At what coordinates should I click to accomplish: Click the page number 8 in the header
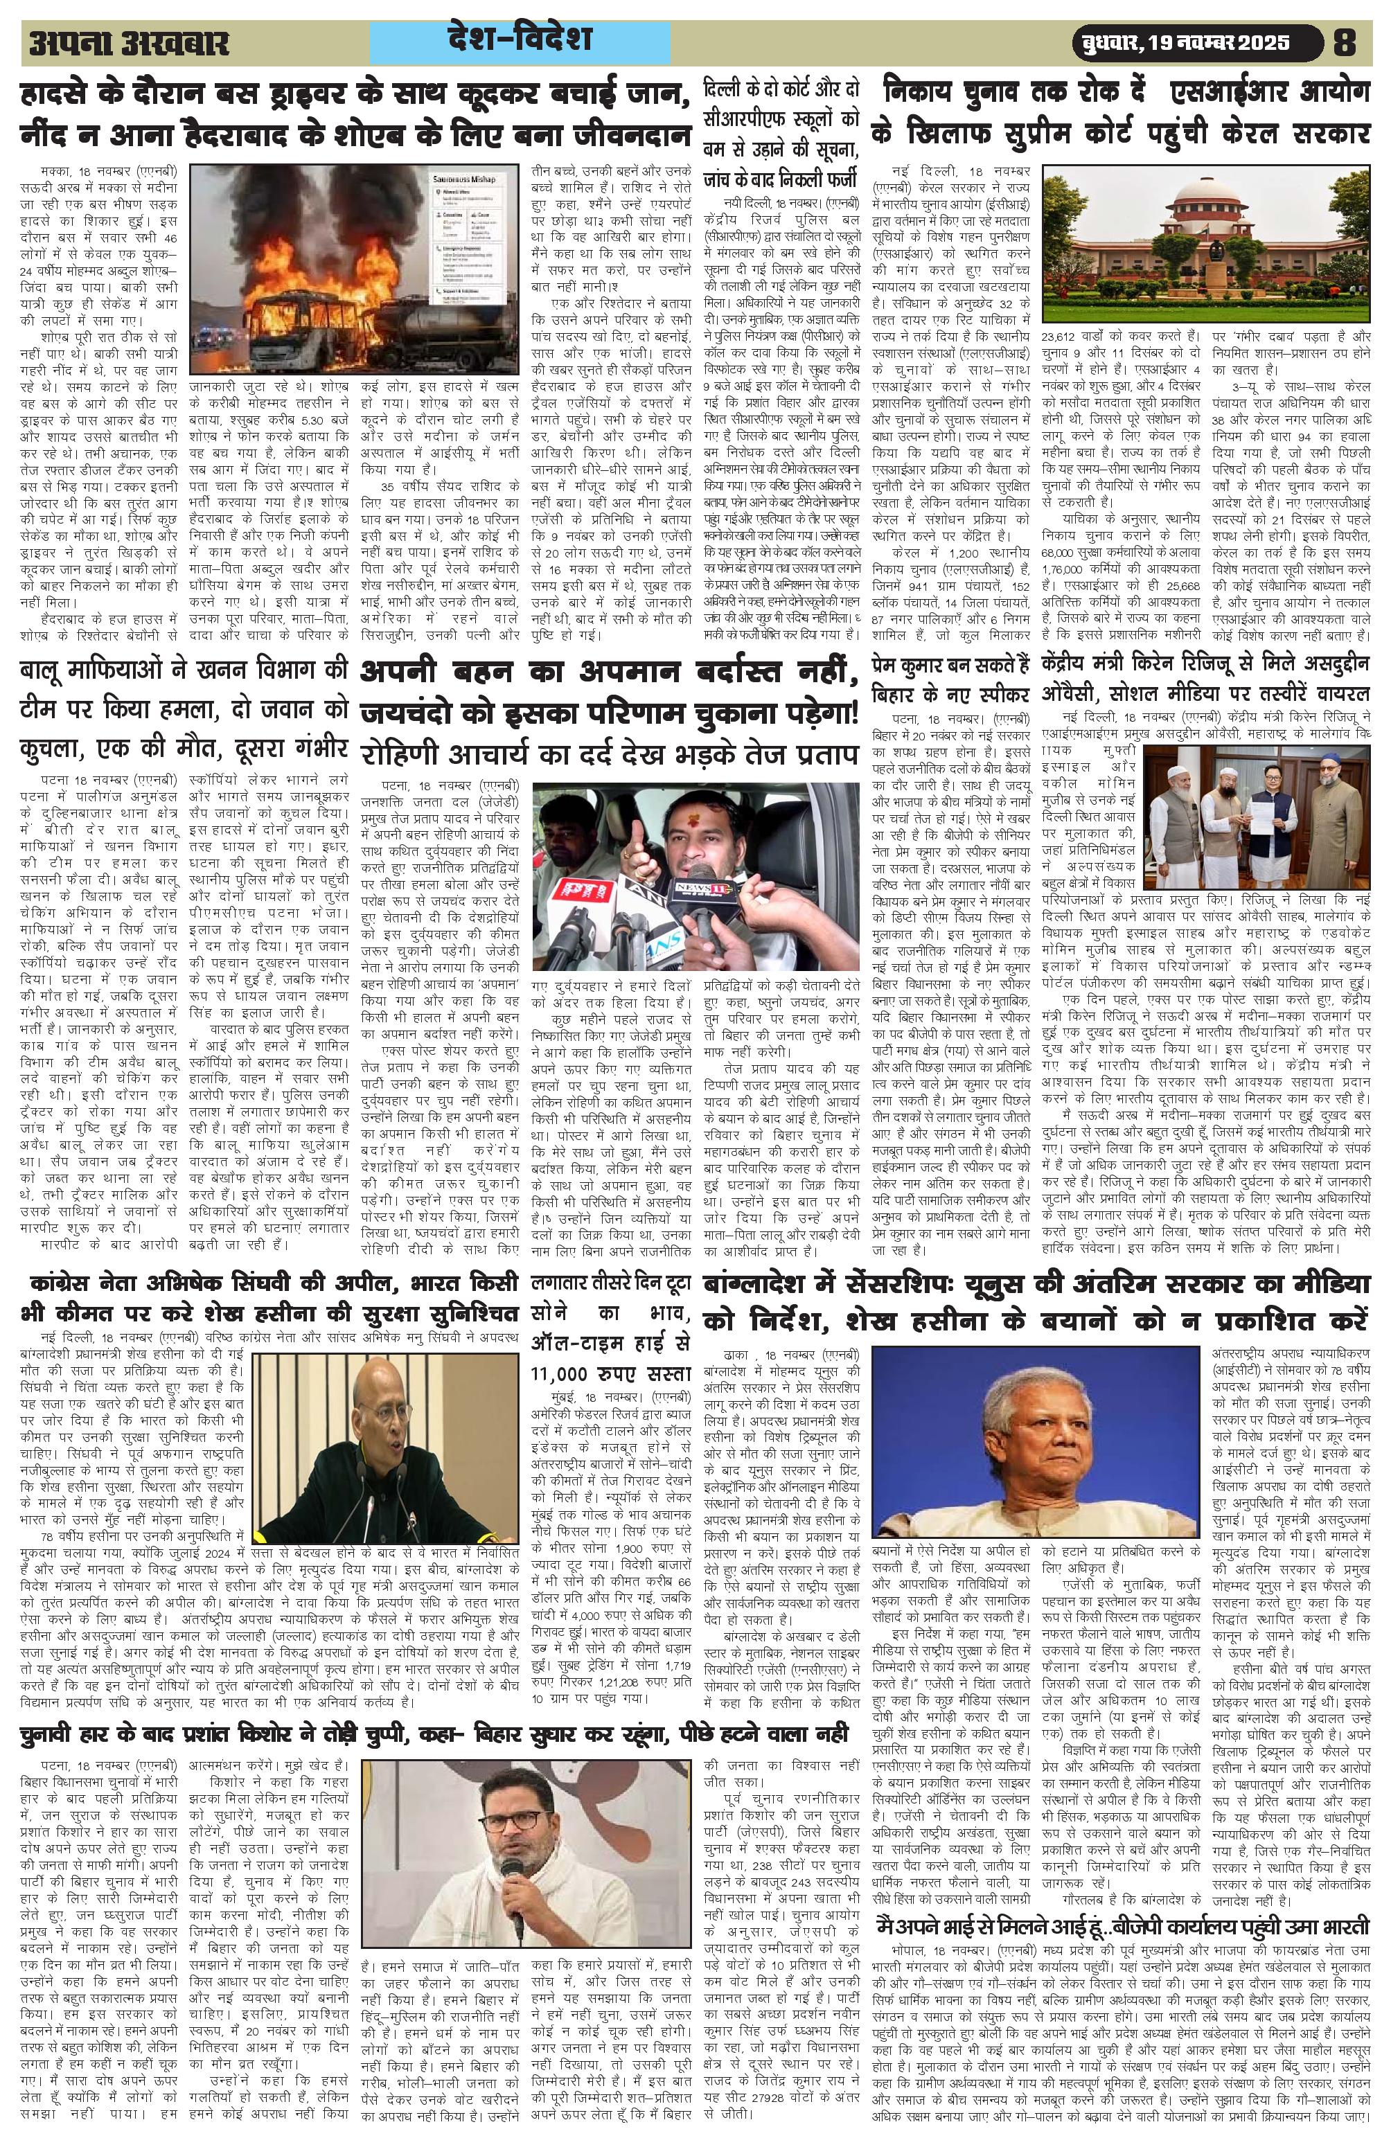tap(1353, 42)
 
